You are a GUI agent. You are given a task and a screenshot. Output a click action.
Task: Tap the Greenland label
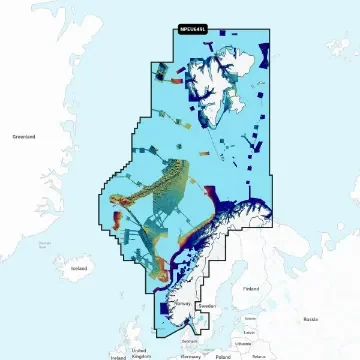pos(24,136)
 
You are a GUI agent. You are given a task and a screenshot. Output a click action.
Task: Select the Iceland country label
pos(80,268)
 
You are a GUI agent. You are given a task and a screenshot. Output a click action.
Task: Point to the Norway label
pos(182,301)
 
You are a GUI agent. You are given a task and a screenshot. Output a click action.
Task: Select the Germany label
pos(184,355)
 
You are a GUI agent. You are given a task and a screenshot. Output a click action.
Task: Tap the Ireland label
pos(118,355)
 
